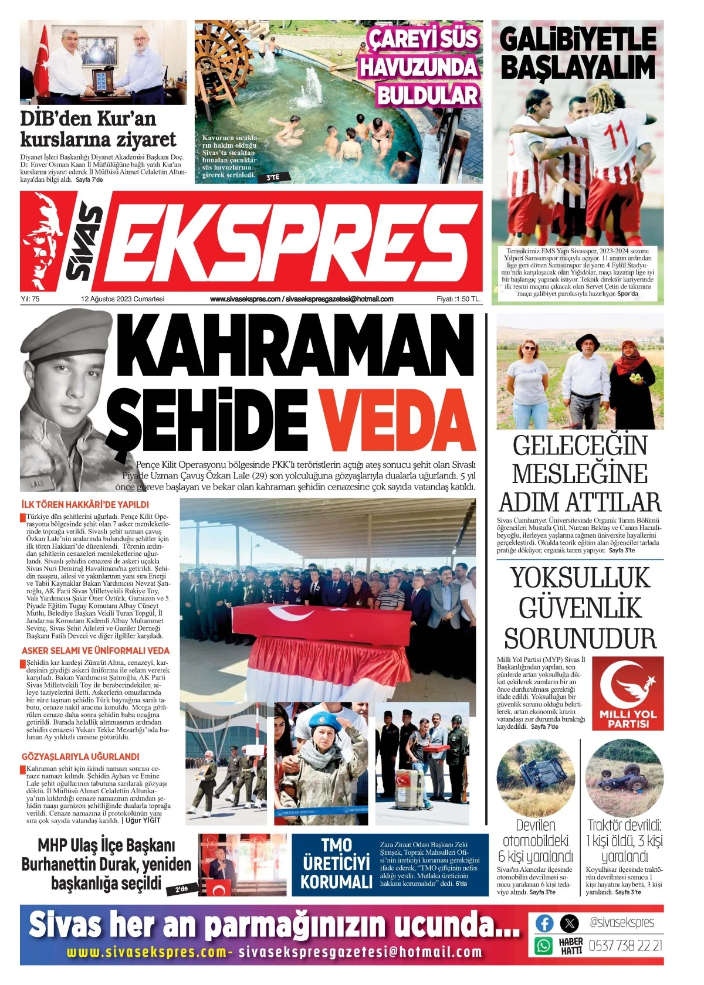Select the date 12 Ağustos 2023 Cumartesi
pyautogui.click(x=123, y=299)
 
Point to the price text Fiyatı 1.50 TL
pyautogui.click(x=458, y=299)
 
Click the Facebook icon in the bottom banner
pyautogui.click(x=544, y=923)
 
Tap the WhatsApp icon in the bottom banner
pyautogui.click(x=544, y=945)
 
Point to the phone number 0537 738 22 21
pyautogui.click(x=625, y=945)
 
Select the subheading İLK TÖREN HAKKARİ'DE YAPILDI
pyautogui.click(x=85, y=504)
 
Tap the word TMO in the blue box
pyautogui.click(x=336, y=845)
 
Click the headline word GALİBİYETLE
pyautogui.click(x=578, y=40)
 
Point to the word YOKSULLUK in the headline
pyautogui.click(x=580, y=578)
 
